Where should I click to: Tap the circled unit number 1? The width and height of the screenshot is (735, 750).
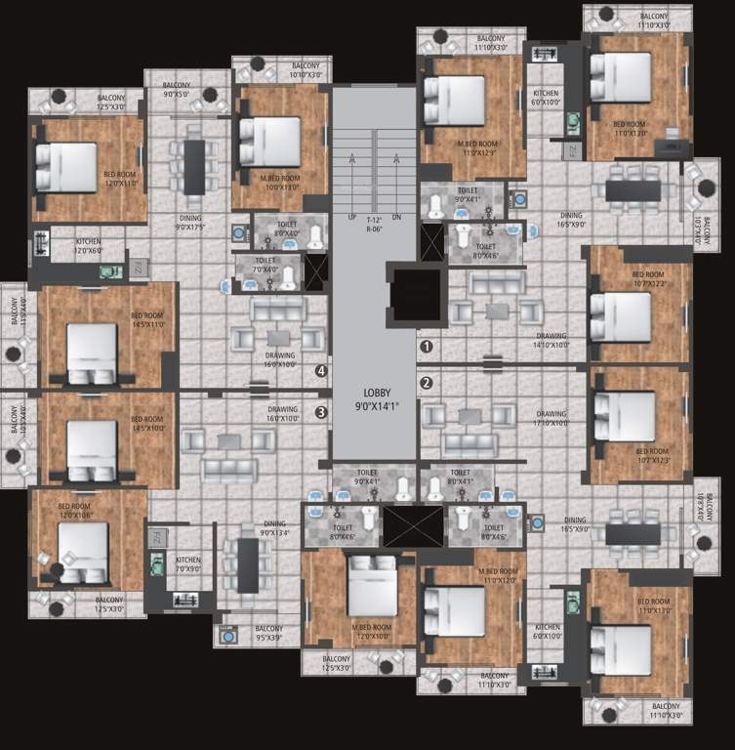[x=426, y=346]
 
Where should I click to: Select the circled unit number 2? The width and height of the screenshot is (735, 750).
[x=426, y=383]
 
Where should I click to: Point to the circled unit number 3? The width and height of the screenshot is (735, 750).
[x=320, y=412]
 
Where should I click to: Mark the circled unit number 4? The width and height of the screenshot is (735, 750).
[x=320, y=370]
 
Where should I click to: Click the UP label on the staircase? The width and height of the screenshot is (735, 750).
[x=350, y=217]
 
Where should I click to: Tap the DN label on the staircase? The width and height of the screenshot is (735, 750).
[x=395, y=217]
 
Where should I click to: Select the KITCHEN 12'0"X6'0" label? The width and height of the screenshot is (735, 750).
[x=88, y=245]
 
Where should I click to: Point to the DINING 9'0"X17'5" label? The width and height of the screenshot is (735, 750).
[x=189, y=224]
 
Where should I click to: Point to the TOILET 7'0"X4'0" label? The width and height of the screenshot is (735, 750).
[x=265, y=266]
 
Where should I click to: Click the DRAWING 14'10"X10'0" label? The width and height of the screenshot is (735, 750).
[x=551, y=341]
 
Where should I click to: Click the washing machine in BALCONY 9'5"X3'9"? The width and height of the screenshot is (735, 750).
[x=227, y=636]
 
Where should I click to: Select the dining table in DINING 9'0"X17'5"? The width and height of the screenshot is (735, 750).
[x=195, y=166]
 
